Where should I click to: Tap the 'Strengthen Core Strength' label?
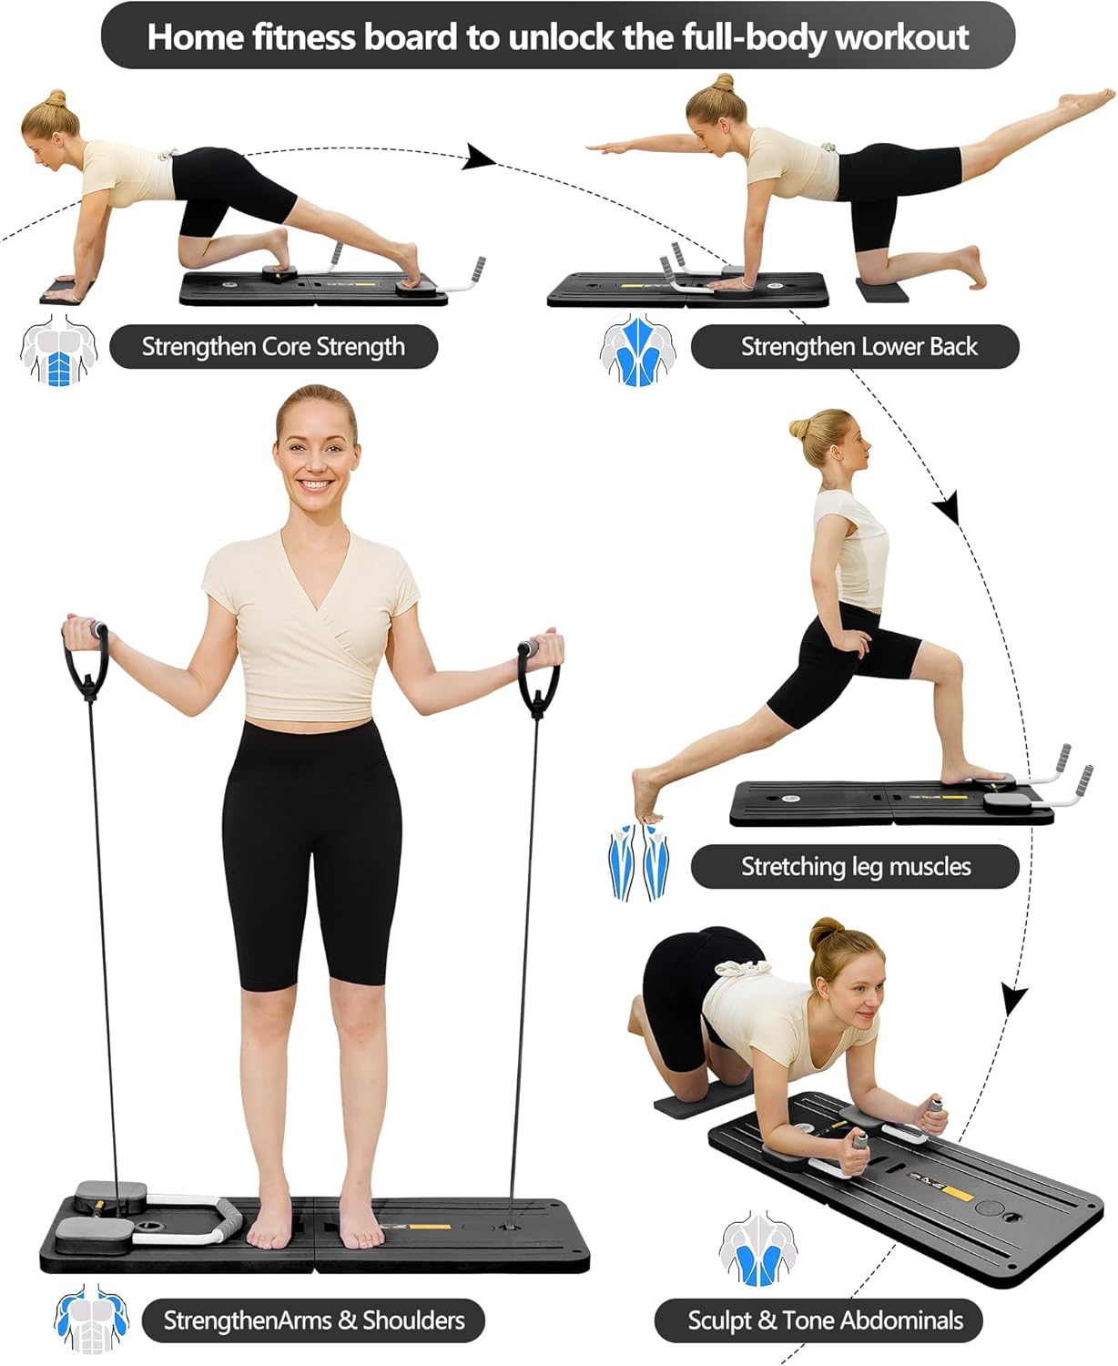point(273,347)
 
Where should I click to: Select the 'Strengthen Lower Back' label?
point(858,347)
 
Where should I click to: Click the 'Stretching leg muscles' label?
point(855,866)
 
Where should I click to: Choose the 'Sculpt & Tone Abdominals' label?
point(824,1320)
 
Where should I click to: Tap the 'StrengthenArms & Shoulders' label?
point(313,1320)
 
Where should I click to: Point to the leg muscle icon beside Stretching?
point(639,861)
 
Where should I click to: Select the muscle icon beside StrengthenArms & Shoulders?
point(91,1319)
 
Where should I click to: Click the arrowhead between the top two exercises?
point(478,157)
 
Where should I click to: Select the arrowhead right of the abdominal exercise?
point(1012,998)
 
